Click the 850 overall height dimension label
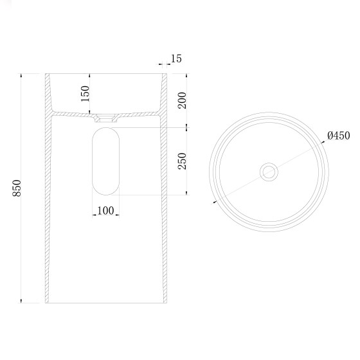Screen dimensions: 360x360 click(x=17, y=188)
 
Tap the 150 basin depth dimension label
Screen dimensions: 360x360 click(x=85, y=93)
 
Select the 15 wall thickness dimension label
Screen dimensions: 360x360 click(x=176, y=59)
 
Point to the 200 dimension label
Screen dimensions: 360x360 click(x=182, y=100)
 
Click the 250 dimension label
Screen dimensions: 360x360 click(x=182, y=161)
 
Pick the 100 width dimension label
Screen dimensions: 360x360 click(x=105, y=211)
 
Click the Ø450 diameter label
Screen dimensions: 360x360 click(x=339, y=136)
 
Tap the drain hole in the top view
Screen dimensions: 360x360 click(x=269, y=172)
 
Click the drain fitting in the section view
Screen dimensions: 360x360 click(x=106, y=118)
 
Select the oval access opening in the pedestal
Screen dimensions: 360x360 click(x=105, y=161)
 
